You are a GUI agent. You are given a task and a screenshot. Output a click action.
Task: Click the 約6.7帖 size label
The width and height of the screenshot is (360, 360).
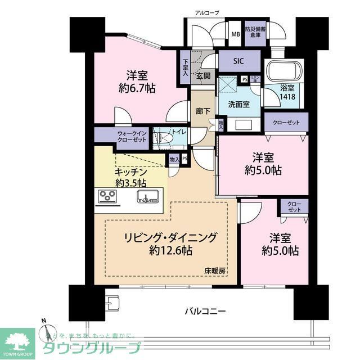137,88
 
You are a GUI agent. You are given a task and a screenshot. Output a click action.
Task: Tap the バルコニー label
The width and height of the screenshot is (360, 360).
205,310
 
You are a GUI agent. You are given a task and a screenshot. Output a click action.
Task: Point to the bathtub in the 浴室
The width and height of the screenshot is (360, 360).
284,71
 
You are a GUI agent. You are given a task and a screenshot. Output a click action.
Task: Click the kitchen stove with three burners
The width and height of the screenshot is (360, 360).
107,196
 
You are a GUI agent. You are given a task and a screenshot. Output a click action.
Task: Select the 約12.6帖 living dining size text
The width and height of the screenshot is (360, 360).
170,250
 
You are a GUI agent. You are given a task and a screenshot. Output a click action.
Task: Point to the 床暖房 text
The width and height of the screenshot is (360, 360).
214,271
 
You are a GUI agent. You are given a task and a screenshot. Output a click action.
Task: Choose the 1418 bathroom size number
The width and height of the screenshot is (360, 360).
289,96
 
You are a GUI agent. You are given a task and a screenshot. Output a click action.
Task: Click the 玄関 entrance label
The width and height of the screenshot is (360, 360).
203,75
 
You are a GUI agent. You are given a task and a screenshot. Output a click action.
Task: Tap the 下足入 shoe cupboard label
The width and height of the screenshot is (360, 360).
186,68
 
